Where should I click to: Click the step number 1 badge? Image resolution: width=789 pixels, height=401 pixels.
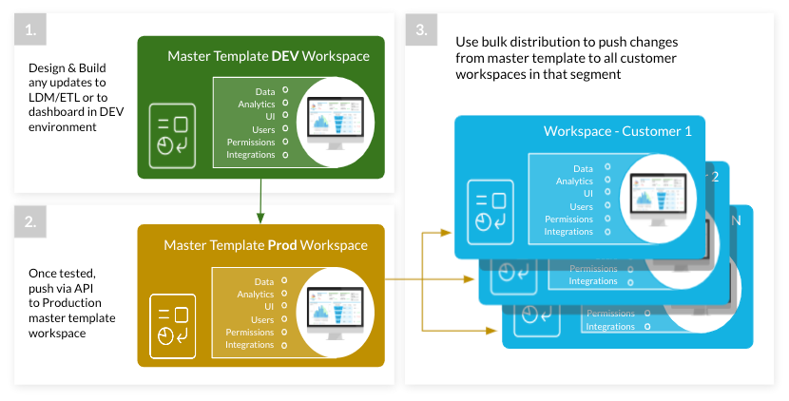click(x=30, y=30)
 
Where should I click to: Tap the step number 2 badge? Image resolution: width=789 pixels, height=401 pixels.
click(x=30, y=223)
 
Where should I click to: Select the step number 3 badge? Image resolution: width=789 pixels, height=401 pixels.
click(x=421, y=30)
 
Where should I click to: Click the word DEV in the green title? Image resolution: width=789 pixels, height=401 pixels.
click(x=286, y=57)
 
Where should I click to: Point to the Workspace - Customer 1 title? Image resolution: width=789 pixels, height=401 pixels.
click(x=617, y=130)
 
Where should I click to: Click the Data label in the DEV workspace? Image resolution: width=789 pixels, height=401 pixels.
click(x=264, y=92)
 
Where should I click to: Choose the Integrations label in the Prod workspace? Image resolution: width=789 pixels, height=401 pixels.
click(x=249, y=344)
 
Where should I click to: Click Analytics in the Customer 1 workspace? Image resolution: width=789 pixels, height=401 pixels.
click(x=574, y=181)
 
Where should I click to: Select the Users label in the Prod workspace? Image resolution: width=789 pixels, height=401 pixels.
click(x=262, y=319)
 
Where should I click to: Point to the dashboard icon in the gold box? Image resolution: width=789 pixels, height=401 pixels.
click(x=173, y=323)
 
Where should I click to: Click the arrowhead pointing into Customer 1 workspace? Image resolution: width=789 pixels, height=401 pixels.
click(x=446, y=231)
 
